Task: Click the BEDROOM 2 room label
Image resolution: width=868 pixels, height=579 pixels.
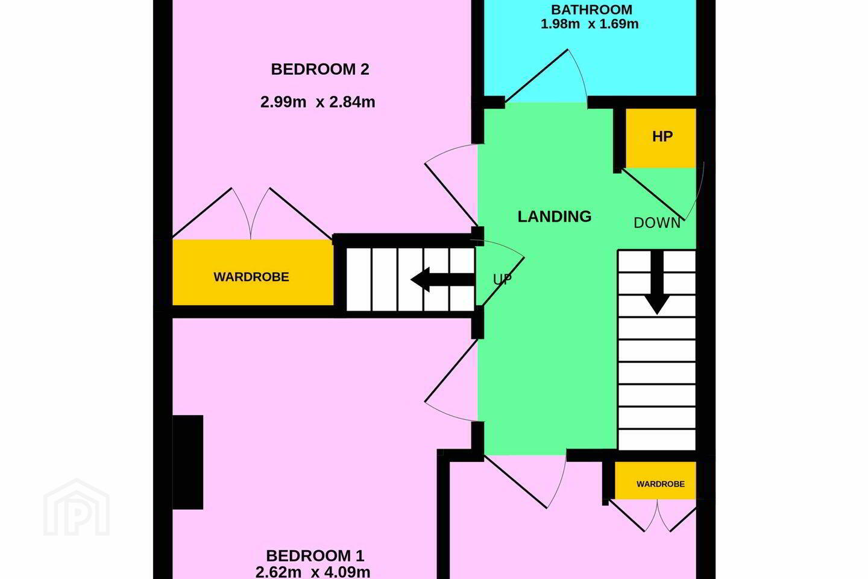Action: pos(320,69)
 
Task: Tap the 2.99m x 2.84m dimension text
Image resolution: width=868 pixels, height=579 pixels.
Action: pos(318,102)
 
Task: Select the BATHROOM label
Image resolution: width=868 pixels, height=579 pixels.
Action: pos(591,9)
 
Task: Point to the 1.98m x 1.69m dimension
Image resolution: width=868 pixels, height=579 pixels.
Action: pos(590,24)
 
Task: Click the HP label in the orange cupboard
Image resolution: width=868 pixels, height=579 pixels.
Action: pos(662,136)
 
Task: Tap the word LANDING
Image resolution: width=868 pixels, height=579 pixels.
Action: pos(555,217)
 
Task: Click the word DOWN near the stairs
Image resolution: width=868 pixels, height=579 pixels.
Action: pos(657,223)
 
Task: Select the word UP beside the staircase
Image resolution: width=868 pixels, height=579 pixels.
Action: pos(502,279)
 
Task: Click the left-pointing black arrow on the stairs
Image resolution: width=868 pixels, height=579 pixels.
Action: pos(442,279)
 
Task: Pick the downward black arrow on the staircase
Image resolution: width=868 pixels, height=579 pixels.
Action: pos(657,282)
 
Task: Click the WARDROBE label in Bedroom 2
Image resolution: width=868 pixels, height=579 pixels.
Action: pos(251,277)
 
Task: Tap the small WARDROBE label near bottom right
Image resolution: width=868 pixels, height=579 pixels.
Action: pos(661,484)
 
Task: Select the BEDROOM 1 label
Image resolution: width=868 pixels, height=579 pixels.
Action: pos(315,555)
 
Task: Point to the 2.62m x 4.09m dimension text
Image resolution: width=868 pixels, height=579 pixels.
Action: pos(313,572)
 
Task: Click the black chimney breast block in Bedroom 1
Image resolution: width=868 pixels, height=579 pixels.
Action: pos(187,462)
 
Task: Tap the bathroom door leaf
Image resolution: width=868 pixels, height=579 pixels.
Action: pos(536,75)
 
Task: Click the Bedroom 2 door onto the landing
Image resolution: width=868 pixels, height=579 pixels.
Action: pos(451,194)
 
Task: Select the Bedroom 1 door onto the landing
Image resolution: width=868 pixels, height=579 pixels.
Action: pos(451,371)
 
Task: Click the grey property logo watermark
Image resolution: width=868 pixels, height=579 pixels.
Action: pos(77,507)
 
